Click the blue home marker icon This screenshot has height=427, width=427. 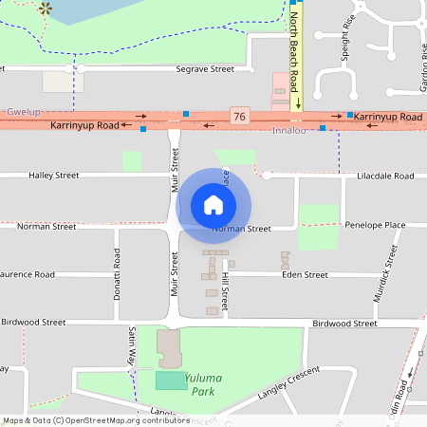coord(213,205)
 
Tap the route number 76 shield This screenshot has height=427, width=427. coord(239,117)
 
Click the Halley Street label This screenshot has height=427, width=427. coord(54,176)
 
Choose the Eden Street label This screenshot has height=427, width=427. coord(305,275)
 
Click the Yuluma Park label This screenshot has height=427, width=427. coord(200,383)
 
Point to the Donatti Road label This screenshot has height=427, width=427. coord(117,269)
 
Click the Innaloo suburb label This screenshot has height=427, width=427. coord(289,130)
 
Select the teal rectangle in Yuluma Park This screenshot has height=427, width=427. coord(172,380)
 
